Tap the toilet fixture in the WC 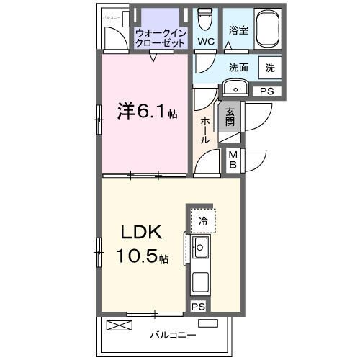[x=204, y=18]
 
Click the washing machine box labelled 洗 [x=269, y=68]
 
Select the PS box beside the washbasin [x=266, y=91]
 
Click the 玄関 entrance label [x=230, y=117]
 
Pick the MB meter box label [x=233, y=159]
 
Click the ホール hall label [x=205, y=130]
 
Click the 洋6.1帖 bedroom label [x=147, y=112]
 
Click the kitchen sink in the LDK [x=201, y=250]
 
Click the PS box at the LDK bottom [x=198, y=306]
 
